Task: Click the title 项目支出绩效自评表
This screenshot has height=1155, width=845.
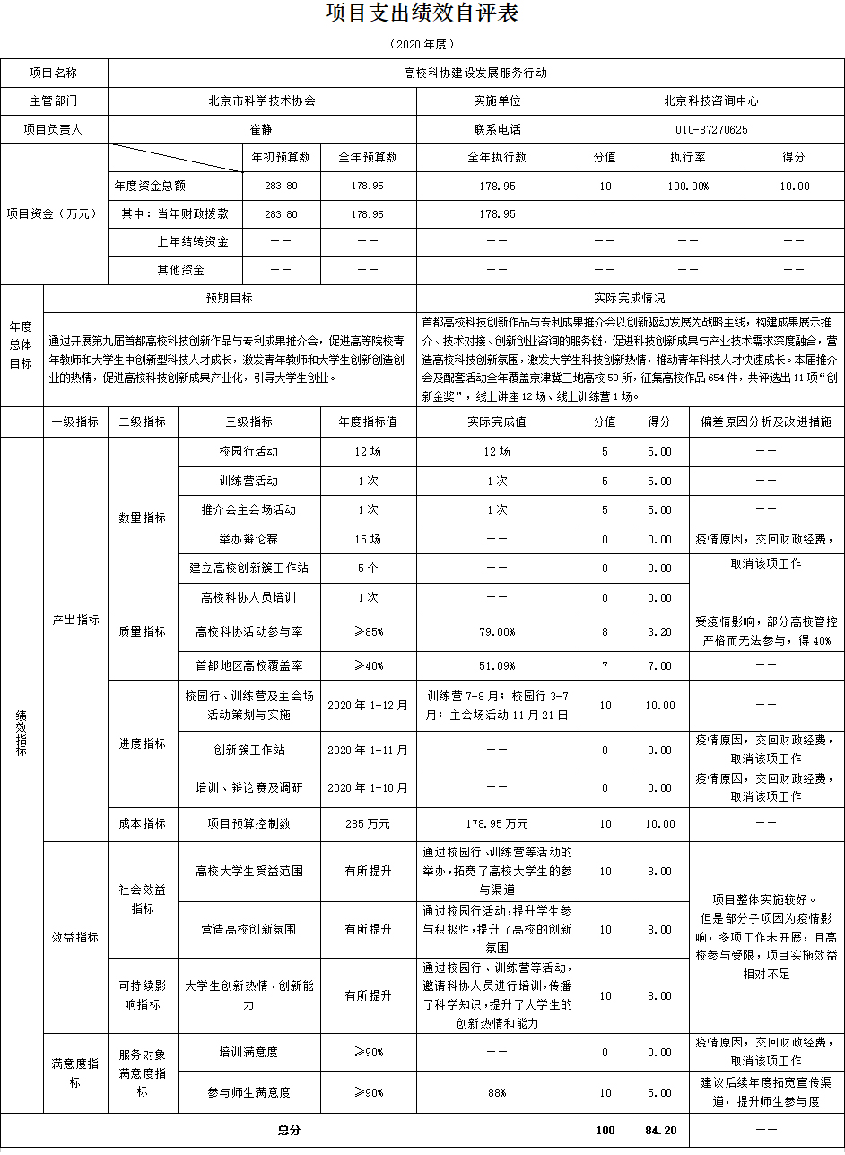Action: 422,13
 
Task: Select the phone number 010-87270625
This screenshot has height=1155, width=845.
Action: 711,130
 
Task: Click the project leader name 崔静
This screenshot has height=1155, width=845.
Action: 261,130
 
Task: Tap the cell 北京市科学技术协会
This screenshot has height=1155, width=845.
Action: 261,101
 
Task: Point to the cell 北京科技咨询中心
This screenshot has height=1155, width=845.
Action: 711,101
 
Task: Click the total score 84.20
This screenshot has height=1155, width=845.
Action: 659,1131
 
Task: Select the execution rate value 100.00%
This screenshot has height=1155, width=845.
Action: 687,187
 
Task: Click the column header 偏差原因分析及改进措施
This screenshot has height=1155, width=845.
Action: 766,421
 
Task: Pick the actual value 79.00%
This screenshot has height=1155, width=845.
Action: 496,632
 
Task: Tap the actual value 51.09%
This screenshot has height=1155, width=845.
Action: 496,666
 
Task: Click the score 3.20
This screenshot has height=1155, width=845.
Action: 659,632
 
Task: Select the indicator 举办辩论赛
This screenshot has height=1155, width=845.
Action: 248,540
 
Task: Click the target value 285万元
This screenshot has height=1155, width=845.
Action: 368,823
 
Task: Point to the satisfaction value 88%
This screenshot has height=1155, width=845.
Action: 496,1093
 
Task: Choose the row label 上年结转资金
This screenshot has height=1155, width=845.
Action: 192,242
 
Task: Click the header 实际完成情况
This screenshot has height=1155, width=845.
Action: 630,299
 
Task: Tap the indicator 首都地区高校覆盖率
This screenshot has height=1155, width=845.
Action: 248,666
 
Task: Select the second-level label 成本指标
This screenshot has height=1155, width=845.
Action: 142,823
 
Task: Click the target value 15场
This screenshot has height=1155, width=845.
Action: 368,540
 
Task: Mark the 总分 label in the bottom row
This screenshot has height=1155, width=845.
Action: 289,1131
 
